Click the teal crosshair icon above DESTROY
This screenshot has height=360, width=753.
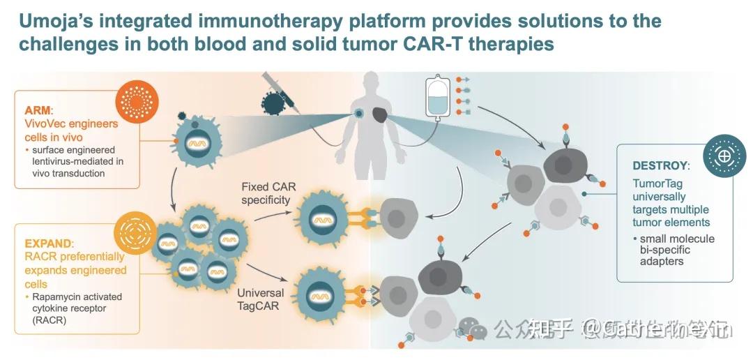pos(722,153)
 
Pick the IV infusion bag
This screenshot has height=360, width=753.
pos(437,98)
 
